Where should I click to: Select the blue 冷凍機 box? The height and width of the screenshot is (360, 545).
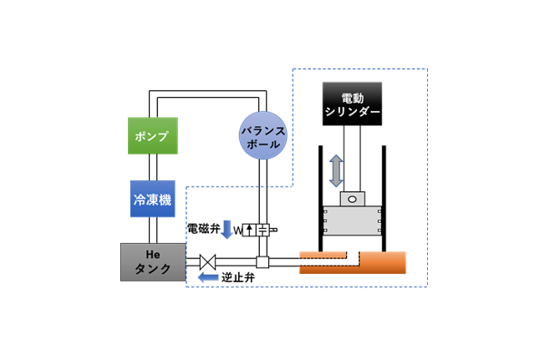[x=152, y=199]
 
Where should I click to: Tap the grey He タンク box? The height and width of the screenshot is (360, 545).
[x=153, y=261]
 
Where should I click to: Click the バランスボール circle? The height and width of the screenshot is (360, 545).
[x=264, y=136]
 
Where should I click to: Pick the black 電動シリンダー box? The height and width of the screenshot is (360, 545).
[x=351, y=102]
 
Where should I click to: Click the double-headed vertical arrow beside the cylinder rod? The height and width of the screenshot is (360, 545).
[x=335, y=170]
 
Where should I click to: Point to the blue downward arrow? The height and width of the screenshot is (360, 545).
[x=227, y=229]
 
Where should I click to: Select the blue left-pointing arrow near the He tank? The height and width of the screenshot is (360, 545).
[x=208, y=277]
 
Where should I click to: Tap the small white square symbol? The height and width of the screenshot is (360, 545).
[x=262, y=262]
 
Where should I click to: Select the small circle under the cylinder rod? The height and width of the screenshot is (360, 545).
[x=353, y=200]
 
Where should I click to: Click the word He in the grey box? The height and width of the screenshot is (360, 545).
[x=152, y=253]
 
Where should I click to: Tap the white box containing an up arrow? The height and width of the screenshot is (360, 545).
[x=249, y=229]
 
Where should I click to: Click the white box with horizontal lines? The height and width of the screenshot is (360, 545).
[x=262, y=229]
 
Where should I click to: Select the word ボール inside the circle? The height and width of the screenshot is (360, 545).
[x=264, y=144]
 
